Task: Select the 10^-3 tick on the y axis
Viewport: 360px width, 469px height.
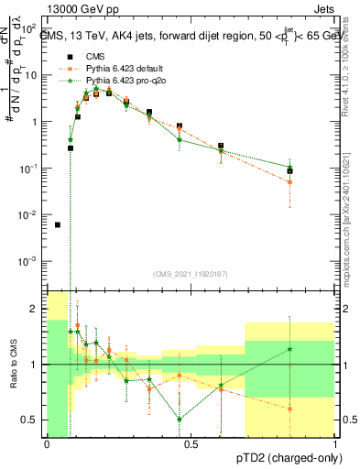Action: [x=30, y=261]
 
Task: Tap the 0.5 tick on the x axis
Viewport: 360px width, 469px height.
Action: [x=191, y=444]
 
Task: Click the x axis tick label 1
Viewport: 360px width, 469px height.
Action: [x=335, y=444]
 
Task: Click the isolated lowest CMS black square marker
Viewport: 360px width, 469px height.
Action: [x=58, y=224]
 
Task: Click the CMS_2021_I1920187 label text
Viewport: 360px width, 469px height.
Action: [x=191, y=274]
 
